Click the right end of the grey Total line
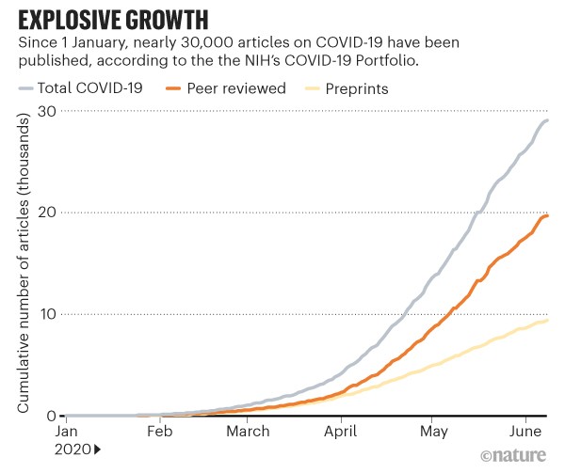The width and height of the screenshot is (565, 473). pyautogui.click(x=548, y=120)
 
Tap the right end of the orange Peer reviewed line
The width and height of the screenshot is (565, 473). pyautogui.click(x=548, y=216)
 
